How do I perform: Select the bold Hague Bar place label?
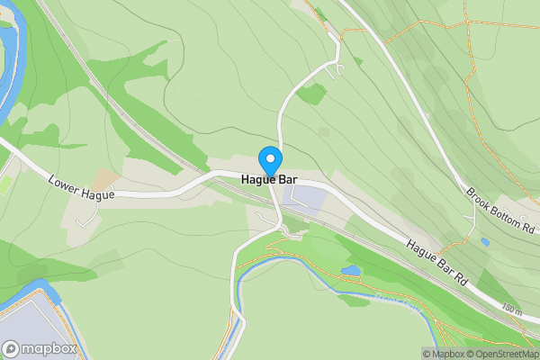[269, 179]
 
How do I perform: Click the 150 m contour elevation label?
[511, 309]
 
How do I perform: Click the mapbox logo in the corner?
[38, 348]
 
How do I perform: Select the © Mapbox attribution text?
[439, 354]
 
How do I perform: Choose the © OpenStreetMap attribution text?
[499, 354]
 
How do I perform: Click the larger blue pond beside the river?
[350, 270]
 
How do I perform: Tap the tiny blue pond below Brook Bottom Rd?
[485, 241]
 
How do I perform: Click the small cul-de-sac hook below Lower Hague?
[86, 217]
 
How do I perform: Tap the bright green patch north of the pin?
[311, 93]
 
